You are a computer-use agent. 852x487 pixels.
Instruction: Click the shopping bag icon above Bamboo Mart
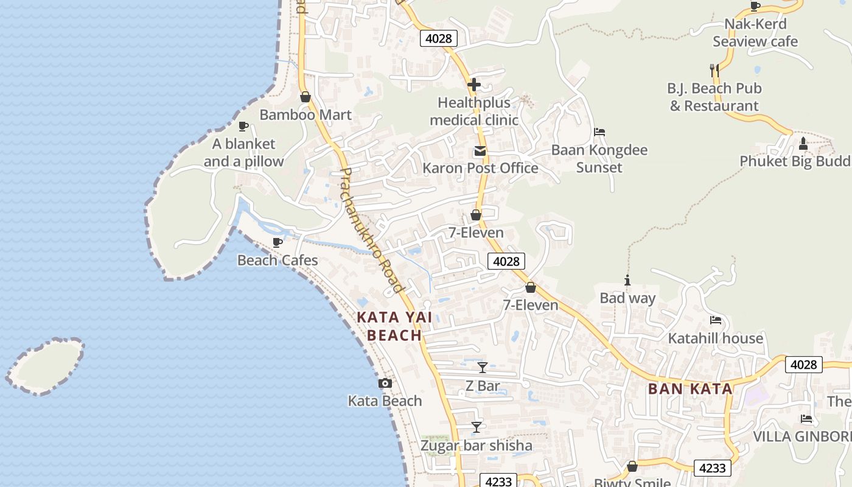pyautogui.click(x=306, y=97)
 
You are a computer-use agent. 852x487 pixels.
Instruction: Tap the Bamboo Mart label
pyautogui.click(x=306, y=114)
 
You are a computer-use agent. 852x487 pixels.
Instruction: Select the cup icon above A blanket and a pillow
pyautogui.click(x=243, y=126)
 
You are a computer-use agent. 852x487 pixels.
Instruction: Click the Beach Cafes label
pyautogui.click(x=278, y=260)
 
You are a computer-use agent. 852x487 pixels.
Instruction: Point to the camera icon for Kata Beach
pyautogui.click(x=385, y=383)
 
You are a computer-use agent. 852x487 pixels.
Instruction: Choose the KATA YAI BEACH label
pyautogui.click(x=394, y=326)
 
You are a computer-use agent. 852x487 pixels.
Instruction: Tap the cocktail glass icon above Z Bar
pyautogui.click(x=482, y=367)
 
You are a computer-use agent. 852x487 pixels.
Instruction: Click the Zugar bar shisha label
pyautogui.click(x=476, y=445)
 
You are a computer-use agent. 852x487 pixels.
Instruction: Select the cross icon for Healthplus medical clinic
pyautogui.click(x=474, y=85)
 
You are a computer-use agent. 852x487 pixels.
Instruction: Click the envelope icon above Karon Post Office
pyautogui.click(x=480, y=151)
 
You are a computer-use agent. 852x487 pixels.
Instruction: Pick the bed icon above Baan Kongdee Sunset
pyautogui.click(x=599, y=132)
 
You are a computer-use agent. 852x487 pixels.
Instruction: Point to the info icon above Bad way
pyautogui.click(x=627, y=281)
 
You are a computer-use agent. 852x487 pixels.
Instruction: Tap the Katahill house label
pyautogui.click(x=715, y=338)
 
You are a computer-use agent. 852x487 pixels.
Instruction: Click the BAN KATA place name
pyautogui.click(x=690, y=389)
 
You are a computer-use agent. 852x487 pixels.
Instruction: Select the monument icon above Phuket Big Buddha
pyautogui.click(x=803, y=144)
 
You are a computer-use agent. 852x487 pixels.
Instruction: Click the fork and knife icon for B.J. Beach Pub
pyautogui.click(x=714, y=71)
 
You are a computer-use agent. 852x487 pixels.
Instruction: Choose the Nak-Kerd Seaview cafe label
pyautogui.click(x=755, y=33)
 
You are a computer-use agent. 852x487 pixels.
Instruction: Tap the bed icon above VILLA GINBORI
pyautogui.click(x=806, y=419)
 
